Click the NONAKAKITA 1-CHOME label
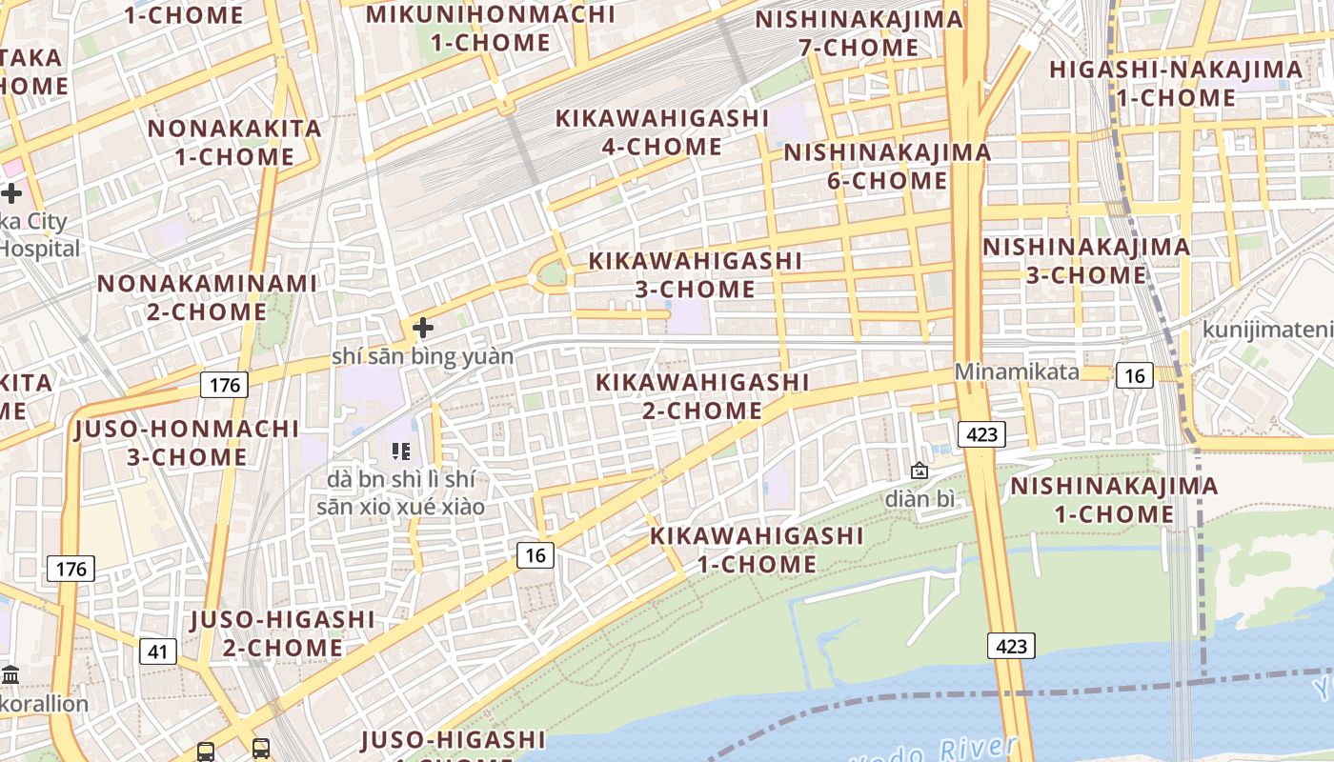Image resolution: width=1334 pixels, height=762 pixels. [x=234, y=142]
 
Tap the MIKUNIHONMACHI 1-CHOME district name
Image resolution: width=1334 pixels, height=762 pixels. [x=491, y=29]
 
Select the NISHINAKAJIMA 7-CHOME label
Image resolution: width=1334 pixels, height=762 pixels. [x=859, y=33]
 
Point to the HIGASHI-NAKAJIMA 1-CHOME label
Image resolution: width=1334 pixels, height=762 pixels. [x=1176, y=84]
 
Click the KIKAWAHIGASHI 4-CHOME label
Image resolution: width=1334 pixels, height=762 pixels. [x=662, y=132]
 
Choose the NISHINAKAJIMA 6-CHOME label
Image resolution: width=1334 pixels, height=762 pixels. [x=887, y=167]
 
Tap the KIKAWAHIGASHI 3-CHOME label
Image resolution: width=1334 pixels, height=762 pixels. [x=696, y=274]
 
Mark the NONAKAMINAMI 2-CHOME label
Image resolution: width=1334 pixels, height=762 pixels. [x=208, y=297]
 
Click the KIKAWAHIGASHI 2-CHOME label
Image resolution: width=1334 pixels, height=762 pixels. [x=702, y=396]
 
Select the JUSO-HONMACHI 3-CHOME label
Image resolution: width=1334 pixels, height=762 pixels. [x=187, y=442]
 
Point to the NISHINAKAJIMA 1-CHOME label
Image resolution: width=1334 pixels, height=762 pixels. [x=1114, y=500]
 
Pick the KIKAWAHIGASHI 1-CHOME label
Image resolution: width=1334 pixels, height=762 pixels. [x=757, y=550]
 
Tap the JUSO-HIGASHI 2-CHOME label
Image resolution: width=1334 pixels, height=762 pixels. [x=283, y=633]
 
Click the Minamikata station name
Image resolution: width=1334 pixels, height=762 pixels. [x=1018, y=371]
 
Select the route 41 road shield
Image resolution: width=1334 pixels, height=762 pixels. [x=158, y=652]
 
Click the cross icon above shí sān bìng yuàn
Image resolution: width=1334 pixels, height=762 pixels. [x=423, y=328]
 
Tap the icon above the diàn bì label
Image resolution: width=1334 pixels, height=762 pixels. [x=920, y=471]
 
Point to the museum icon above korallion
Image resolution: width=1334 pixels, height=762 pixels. [x=11, y=675]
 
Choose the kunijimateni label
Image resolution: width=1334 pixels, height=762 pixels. [x=1267, y=330]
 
